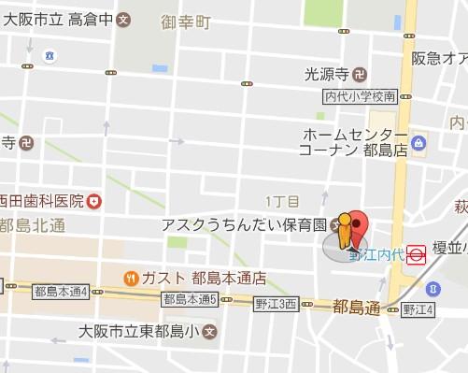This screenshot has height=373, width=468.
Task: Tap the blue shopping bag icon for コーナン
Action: coord(419,143)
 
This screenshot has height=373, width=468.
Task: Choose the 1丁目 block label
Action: coord(281,202)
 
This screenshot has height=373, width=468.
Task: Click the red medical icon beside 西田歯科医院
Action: coord(94,201)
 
